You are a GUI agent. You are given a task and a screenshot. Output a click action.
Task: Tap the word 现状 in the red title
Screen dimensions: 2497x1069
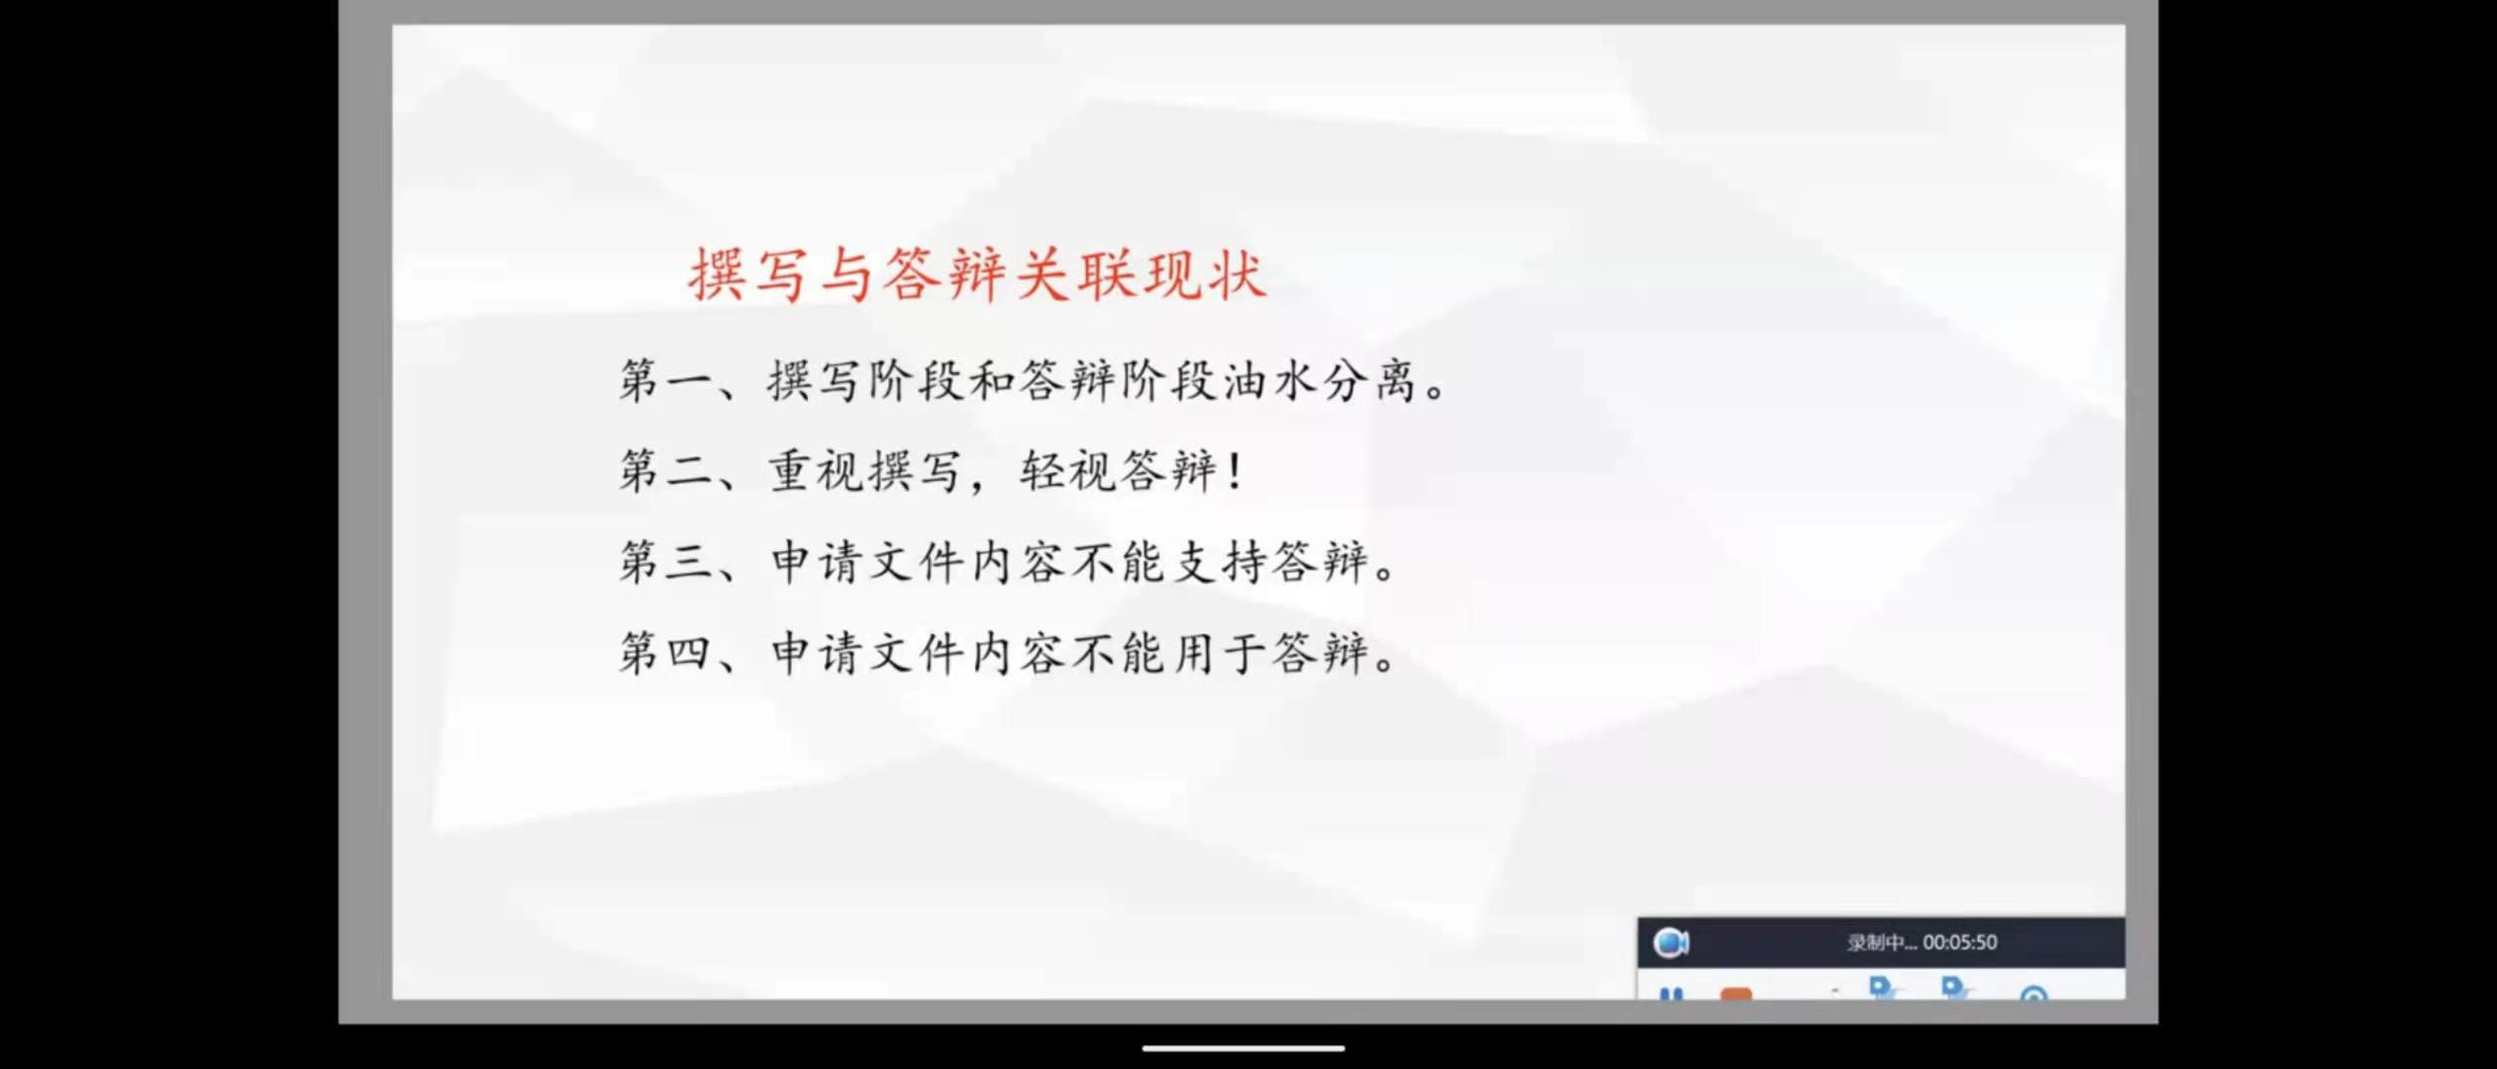1205,274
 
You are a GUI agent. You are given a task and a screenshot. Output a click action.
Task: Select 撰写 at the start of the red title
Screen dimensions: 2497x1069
749,274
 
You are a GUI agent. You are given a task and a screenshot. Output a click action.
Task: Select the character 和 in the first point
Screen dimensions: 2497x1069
991,380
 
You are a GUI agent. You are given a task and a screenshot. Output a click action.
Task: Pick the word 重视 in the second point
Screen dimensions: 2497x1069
816,470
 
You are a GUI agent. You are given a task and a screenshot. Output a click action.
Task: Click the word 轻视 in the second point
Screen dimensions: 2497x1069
1067,470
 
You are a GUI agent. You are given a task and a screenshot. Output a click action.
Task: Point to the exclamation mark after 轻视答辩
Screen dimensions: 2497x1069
1234,470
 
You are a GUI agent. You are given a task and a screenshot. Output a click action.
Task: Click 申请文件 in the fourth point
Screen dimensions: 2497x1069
866,653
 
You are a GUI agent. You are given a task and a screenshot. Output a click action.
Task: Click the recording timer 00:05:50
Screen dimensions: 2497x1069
1959,942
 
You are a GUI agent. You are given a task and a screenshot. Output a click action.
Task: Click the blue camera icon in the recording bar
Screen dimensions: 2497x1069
1671,942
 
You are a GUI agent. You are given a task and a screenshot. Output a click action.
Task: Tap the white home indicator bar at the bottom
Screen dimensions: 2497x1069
1244,1047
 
